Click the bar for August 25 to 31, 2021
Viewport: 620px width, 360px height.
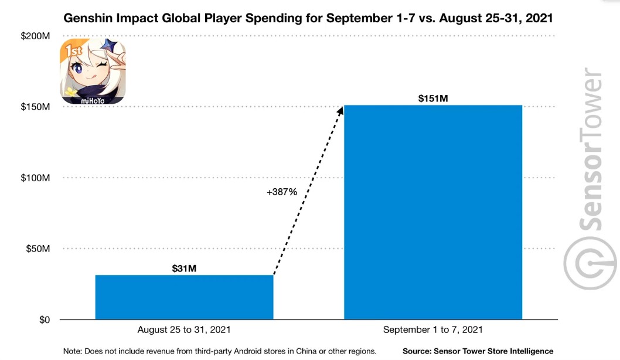tap(184, 297)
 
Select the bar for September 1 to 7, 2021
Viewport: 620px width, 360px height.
tap(432, 212)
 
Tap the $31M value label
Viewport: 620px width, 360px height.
tap(184, 269)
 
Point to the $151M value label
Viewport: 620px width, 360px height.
tap(433, 99)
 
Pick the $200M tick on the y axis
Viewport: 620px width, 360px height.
tap(35, 36)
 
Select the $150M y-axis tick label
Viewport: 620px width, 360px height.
tap(35, 107)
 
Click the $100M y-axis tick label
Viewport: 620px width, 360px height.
tap(35, 178)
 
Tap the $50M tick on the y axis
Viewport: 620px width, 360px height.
tap(37, 249)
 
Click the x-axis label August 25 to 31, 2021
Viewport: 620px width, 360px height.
tap(184, 330)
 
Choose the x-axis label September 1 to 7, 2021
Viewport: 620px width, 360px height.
tap(433, 330)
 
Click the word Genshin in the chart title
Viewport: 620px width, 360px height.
tap(86, 18)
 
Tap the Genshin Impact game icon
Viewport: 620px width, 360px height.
tap(93, 72)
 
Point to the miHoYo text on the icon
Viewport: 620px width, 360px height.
tap(92, 100)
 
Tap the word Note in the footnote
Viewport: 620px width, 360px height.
tap(73, 351)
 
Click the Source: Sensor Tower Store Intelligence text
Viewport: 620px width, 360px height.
tap(478, 351)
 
